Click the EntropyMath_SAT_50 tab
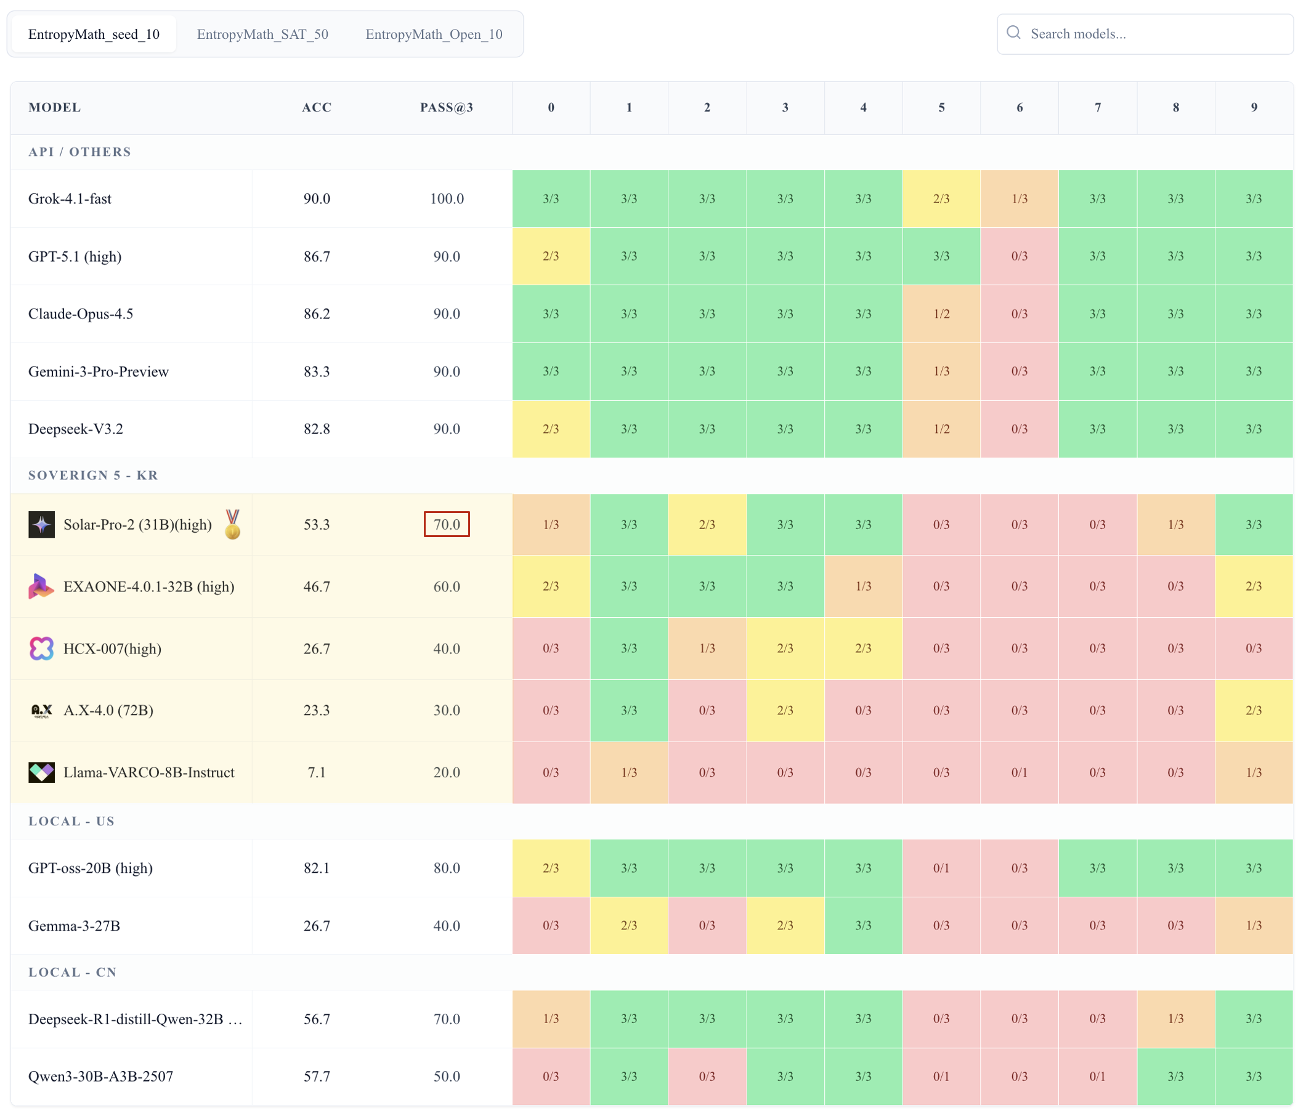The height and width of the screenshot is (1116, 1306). [262, 34]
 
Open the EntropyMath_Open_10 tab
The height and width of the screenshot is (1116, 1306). [434, 34]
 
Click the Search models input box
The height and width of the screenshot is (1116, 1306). [1153, 34]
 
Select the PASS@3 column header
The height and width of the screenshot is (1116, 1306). [446, 107]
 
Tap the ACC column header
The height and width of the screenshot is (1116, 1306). [317, 107]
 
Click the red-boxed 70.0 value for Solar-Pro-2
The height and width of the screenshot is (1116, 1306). [446, 524]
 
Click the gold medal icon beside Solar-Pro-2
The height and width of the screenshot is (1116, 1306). [233, 524]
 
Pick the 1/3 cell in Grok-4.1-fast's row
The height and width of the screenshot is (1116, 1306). [1019, 198]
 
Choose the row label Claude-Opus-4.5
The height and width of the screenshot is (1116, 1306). [81, 314]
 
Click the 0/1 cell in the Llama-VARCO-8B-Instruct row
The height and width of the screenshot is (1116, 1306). [1019, 772]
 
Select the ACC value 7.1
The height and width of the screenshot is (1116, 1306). [317, 772]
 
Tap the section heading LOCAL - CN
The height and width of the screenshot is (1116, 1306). [73, 972]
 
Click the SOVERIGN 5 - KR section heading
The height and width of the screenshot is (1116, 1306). [93, 475]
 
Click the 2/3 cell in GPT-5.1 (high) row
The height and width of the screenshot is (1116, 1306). [551, 256]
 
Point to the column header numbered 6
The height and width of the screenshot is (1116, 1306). [1019, 107]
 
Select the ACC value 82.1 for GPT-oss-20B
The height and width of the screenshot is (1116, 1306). [317, 868]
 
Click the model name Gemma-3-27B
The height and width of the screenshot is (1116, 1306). [75, 926]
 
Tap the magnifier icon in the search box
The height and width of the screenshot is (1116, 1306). [1013, 33]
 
